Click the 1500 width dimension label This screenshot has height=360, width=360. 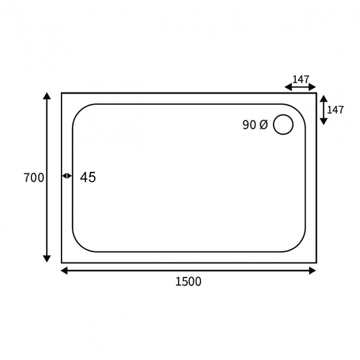click(x=188, y=281)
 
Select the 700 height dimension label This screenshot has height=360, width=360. click(x=34, y=178)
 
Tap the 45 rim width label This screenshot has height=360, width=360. click(x=88, y=177)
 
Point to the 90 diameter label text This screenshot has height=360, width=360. click(x=249, y=125)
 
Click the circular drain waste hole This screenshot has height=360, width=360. click(x=283, y=124)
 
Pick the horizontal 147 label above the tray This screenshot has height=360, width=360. click(x=301, y=79)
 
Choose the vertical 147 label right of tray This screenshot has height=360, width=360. click(x=335, y=110)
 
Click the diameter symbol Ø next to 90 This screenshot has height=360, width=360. click(x=263, y=125)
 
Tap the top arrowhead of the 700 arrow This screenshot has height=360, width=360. click(x=47, y=96)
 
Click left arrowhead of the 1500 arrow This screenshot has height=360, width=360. click(x=64, y=271)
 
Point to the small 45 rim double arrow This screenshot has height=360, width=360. click(x=66, y=176)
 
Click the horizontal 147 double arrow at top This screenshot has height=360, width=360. click(x=300, y=87)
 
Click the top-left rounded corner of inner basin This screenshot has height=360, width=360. click(x=79, y=110)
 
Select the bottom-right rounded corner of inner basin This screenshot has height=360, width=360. click(x=300, y=245)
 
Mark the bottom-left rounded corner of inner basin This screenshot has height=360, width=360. click(x=79, y=245)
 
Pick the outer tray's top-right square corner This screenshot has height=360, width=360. click(x=316, y=93)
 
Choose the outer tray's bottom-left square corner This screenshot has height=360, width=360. click(x=62, y=263)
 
